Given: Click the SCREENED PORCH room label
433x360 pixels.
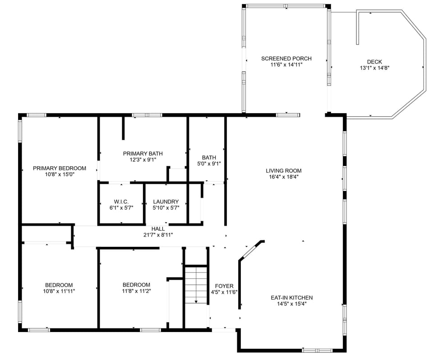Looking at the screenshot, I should coord(286,59).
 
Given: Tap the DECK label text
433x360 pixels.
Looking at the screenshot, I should coord(374,62).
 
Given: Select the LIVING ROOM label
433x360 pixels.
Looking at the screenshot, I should coord(283,171).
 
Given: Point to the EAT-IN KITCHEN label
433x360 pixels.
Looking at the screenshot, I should coord(291,298).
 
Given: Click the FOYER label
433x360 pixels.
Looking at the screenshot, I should coord(224,286).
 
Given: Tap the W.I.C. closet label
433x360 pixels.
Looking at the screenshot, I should coord(121,202).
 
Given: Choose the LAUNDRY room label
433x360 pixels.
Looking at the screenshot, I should coord(166,202).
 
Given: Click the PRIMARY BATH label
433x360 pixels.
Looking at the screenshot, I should coord(143,154).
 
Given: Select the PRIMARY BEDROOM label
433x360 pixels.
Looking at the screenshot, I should coord(60,169).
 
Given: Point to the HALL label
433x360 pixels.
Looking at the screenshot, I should coord(158,229).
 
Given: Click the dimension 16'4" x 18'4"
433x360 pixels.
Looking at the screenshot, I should coord(283,177).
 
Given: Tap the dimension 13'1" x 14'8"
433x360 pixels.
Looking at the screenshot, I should coord(374,68).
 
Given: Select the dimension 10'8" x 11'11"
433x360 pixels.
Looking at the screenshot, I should coord(59,291).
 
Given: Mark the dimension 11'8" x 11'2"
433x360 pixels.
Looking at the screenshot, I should coord(136,291).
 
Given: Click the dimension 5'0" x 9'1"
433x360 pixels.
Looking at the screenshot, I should coord(209,164).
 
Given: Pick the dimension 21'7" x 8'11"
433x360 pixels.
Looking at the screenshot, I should coord(158,235).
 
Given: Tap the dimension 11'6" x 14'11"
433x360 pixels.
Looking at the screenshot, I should coord(286,65).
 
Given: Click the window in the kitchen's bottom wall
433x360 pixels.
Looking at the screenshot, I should coord(317,350).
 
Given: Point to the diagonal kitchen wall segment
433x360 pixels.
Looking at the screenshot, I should coord(251,250).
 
